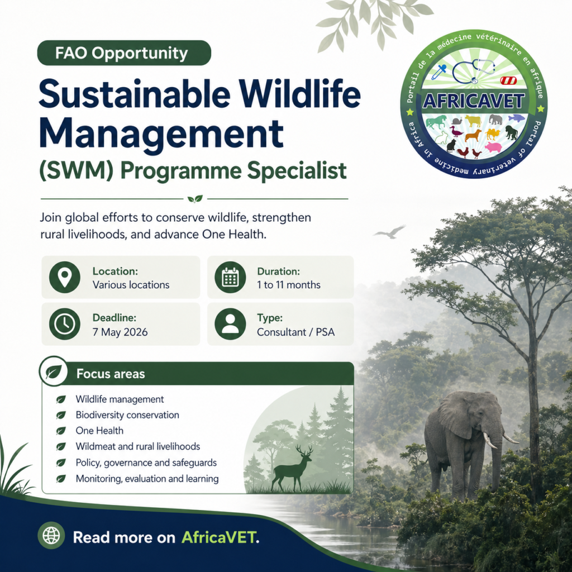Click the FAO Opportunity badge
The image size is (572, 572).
[x=124, y=53]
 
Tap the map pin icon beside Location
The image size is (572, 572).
[x=65, y=277]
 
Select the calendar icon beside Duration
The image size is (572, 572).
[x=230, y=277]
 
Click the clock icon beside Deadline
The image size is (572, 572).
[x=65, y=324]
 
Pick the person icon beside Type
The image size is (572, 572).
[x=230, y=324]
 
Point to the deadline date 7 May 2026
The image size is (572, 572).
[x=120, y=332]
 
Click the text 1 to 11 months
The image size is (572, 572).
[x=289, y=285]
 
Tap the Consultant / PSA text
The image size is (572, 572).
[x=295, y=332]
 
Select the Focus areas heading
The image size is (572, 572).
[x=111, y=374]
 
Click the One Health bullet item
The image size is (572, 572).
[x=99, y=431]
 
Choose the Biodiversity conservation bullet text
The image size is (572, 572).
[x=127, y=415]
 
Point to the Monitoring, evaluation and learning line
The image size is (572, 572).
[x=147, y=479]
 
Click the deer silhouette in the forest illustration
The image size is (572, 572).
[x=290, y=469]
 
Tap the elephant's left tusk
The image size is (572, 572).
[x=490, y=440]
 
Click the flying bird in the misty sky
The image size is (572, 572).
[x=389, y=232]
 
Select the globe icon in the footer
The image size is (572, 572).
[x=51, y=536]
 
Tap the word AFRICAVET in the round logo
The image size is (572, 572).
[x=474, y=101]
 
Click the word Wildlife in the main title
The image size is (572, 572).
[x=300, y=94]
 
